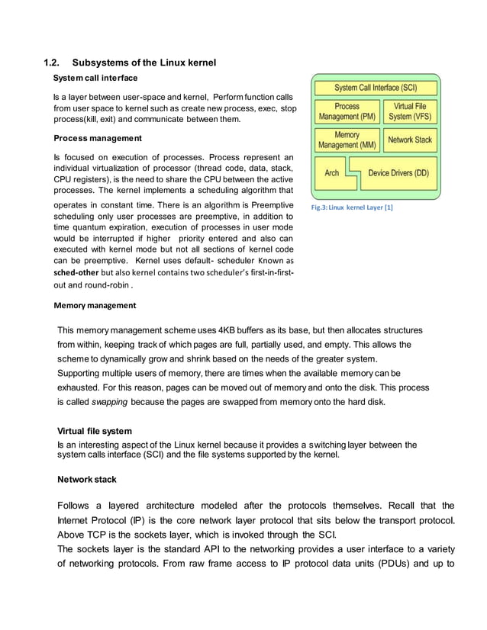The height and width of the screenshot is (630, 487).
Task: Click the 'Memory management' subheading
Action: point(95,305)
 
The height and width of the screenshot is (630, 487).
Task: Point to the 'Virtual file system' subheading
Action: point(96,431)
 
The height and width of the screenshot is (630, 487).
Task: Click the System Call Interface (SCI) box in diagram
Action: point(376,88)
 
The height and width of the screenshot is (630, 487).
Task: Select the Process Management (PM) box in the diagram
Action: point(347,111)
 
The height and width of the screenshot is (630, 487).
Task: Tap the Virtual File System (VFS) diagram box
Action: point(410,111)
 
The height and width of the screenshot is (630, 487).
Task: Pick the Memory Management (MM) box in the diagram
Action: point(347,140)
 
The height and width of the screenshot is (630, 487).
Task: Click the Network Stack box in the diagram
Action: point(410,140)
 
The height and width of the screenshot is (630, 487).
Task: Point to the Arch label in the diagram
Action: point(332,173)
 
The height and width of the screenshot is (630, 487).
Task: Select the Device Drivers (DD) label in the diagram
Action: point(398,173)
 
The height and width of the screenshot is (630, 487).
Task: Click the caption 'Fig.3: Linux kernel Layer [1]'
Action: point(351,207)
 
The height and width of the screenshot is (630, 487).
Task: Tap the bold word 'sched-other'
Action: point(77,272)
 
